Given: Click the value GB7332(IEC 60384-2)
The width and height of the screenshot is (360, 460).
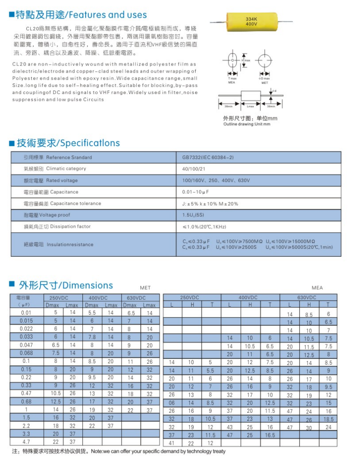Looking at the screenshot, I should (208, 157).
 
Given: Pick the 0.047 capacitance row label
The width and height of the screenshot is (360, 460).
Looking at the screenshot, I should (27, 345).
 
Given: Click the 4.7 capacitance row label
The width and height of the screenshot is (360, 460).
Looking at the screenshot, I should (27, 442).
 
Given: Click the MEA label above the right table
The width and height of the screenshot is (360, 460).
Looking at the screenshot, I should (317, 288).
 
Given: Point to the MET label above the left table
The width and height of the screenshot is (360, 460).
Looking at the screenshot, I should (145, 288).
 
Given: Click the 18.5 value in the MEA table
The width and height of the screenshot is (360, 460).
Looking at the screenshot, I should (328, 420).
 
